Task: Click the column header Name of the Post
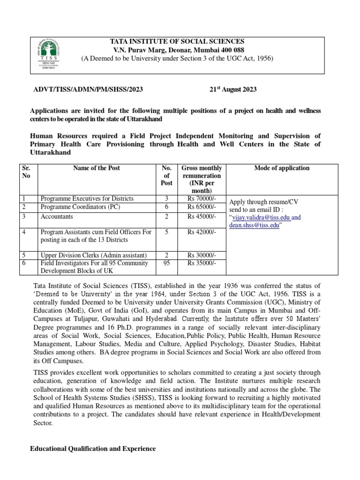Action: point(97,168)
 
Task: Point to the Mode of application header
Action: point(281,168)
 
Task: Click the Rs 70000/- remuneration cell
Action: point(202,199)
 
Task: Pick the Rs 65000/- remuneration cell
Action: point(202,207)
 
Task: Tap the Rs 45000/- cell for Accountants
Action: point(202,217)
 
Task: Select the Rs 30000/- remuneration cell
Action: point(202,255)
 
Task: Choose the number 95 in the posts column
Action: point(166,263)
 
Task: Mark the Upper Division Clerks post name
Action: point(93,255)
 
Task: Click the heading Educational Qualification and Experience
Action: point(93,449)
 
